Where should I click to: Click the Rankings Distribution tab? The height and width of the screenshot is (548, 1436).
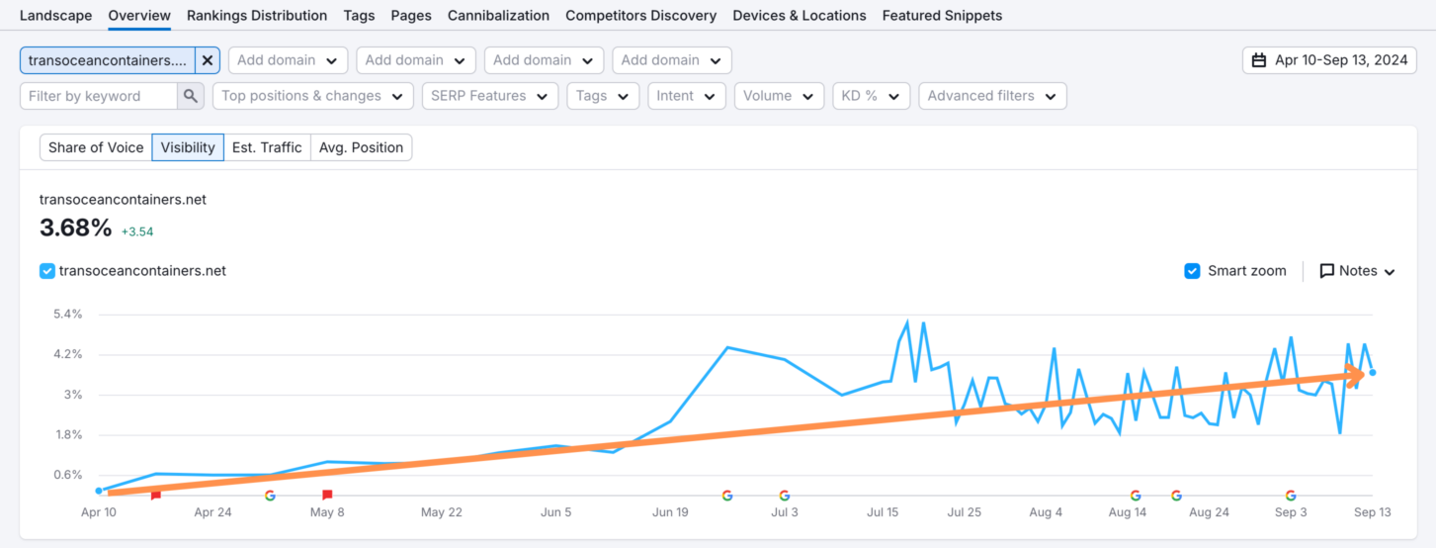point(256,16)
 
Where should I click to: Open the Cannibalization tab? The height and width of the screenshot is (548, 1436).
point(498,16)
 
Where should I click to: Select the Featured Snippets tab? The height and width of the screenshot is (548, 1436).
point(942,16)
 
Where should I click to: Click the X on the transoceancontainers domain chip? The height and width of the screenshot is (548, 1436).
point(208,60)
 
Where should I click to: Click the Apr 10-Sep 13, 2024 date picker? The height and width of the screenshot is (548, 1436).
point(1329,60)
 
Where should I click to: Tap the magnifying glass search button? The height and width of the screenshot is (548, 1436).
point(191,96)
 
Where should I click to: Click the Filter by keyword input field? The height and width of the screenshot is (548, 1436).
point(99,96)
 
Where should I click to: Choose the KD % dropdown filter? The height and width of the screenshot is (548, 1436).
point(871,96)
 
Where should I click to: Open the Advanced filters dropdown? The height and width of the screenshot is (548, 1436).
point(992,96)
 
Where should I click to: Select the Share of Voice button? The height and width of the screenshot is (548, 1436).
point(96,147)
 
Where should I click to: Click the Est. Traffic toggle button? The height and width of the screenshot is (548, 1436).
point(267,147)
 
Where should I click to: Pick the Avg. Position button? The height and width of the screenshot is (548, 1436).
point(361,147)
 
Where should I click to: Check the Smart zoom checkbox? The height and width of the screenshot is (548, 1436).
point(1192,271)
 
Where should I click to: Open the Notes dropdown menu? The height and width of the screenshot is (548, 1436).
point(1357,271)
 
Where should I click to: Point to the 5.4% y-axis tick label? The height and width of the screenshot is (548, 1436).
point(66,315)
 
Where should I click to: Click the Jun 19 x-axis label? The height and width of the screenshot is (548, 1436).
point(670,512)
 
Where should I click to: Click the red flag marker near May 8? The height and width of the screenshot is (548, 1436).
point(327,495)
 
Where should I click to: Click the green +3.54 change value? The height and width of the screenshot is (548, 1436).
point(137,232)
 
